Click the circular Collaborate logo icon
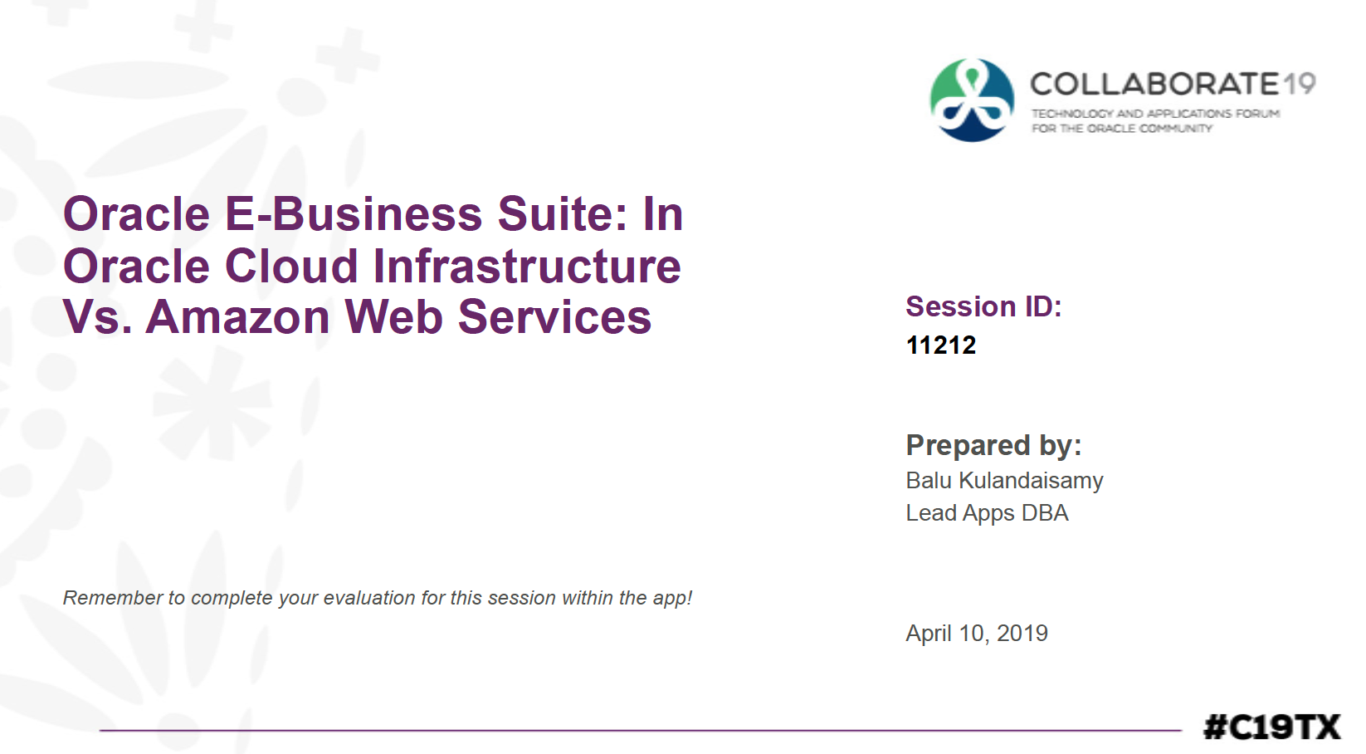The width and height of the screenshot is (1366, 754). pos(972,100)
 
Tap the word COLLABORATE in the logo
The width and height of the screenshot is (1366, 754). pos(1154,84)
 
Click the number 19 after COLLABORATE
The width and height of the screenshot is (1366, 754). pos(1300,84)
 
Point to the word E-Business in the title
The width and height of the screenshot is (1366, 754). pos(354,214)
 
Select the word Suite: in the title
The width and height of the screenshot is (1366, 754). pos(563,214)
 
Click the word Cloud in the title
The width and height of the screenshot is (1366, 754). pos(291,266)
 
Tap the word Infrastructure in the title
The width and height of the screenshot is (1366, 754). pos(527,266)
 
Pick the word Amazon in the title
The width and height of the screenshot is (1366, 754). pos(238,317)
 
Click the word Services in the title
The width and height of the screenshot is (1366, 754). pos(554,317)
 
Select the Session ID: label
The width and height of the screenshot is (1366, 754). pos(983,306)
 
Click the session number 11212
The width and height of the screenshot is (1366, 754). pos(941,345)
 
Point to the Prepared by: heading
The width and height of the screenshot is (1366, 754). pos(993,445)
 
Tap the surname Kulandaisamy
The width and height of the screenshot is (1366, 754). pos(1032,481)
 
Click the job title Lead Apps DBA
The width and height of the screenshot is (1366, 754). pos(988,513)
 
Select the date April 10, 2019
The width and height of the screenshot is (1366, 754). pos(977,634)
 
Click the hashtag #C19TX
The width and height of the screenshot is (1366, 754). pos(1272,727)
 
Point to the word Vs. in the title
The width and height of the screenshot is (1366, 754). pos(98,317)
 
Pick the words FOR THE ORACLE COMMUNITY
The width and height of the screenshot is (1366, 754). pos(1122,129)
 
